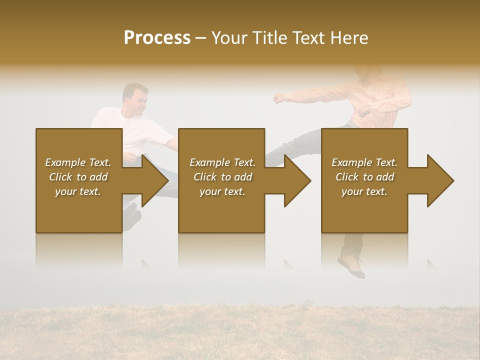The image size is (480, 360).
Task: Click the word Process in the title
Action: click(157, 37)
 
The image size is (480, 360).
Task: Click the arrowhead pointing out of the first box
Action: click(155, 180)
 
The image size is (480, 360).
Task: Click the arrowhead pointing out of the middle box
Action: click(298, 180)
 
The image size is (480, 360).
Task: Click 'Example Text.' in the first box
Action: click(78, 162)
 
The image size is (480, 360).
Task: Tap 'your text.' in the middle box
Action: click(222, 191)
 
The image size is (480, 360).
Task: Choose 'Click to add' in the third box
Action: click(364, 177)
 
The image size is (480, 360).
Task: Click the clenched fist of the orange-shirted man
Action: click(278, 97)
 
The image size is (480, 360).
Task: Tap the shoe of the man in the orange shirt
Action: click(352, 265)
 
